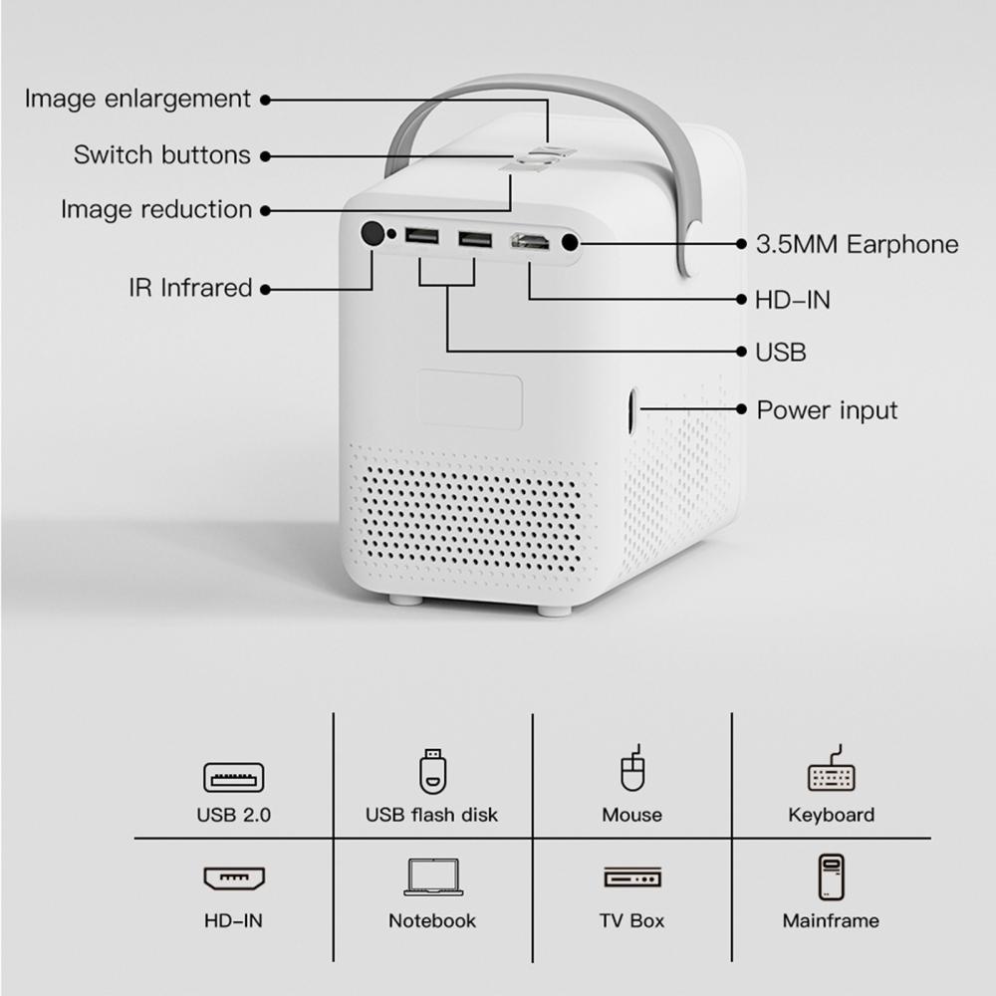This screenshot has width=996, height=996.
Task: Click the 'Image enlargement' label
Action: tap(137, 99)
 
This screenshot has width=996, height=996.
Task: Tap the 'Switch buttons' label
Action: tap(162, 155)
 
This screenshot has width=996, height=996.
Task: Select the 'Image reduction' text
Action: tap(156, 209)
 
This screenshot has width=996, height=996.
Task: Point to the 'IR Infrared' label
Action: tap(190, 288)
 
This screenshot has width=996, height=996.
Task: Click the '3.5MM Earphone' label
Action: tap(857, 245)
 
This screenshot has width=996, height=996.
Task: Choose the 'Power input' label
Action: tap(827, 411)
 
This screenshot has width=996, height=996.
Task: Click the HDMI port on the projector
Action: tap(531, 241)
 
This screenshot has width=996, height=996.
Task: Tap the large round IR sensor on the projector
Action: tap(373, 233)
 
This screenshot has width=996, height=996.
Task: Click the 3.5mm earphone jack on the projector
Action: tap(570, 243)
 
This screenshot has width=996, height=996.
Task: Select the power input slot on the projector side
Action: tap(632, 411)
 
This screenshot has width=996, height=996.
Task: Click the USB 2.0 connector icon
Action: tap(234, 778)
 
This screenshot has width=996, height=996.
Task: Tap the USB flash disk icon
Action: tap(432, 771)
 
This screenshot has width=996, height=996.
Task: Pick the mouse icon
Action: tap(632, 768)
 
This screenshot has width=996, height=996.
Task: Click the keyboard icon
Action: tap(832, 769)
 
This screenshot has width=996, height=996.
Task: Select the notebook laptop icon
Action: tap(433, 877)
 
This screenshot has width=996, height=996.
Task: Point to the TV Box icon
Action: tap(632, 876)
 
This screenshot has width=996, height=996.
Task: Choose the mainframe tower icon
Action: tap(831, 877)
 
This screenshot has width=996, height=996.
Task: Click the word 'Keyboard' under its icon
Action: tap(832, 815)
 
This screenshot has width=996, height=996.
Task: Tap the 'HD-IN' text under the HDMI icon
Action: tap(233, 920)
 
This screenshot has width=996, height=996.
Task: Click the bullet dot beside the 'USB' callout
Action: tap(741, 352)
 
